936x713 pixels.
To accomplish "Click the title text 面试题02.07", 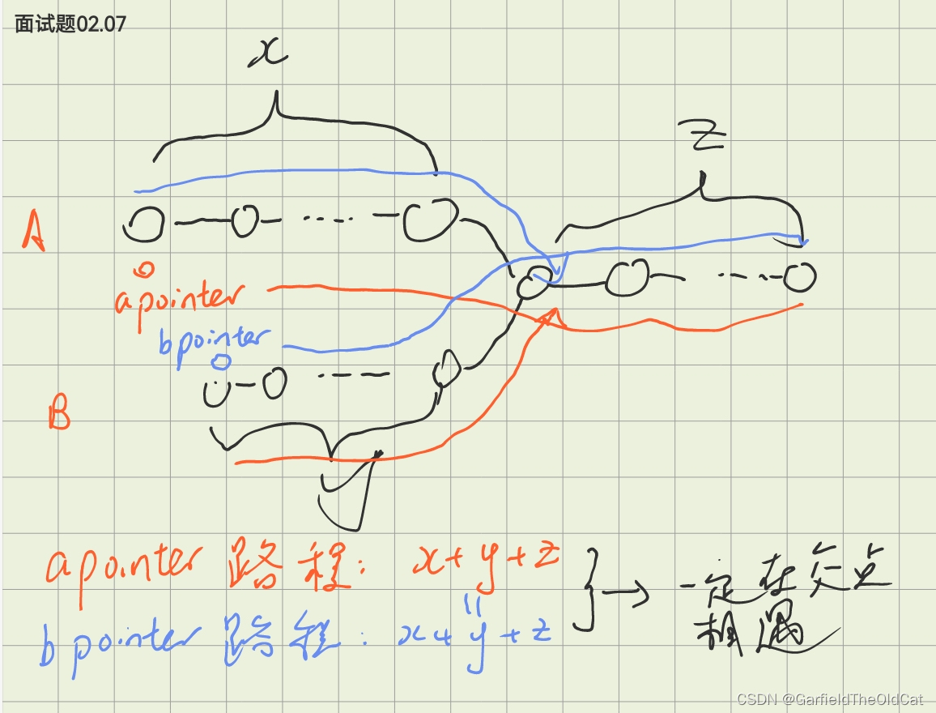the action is (70, 23).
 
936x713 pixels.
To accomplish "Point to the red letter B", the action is (58, 416).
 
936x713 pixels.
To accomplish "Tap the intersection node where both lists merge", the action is (534, 283).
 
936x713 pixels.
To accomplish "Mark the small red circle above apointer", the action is (146, 268).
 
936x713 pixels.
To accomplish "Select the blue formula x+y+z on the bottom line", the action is (474, 636).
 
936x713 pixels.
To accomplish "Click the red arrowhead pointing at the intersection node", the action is (551, 317).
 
